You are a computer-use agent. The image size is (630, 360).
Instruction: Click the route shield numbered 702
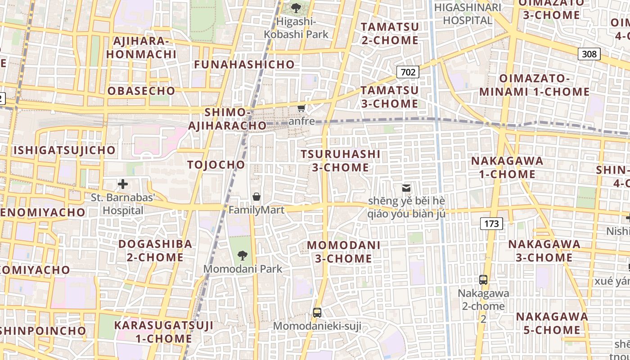tap(408, 72)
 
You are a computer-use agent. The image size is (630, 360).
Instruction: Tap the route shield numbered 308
tap(589, 54)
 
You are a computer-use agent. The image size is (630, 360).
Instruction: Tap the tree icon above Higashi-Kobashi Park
tap(296, 8)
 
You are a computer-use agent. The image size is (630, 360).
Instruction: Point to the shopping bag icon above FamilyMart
tap(256, 197)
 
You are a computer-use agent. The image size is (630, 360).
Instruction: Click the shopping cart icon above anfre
tap(301, 108)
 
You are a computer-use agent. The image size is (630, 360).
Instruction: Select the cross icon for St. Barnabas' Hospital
tap(123, 184)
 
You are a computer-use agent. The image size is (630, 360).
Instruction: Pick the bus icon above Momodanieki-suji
tap(317, 312)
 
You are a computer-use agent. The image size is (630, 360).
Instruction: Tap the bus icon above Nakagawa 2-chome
tap(483, 279)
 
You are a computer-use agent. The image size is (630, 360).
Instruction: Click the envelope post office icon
tap(406, 188)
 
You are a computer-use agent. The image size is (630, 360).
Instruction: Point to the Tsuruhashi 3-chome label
tap(340, 161)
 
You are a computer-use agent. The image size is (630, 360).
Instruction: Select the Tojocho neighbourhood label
tap(216, 165)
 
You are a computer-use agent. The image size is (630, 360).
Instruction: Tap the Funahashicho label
tap(244, 64)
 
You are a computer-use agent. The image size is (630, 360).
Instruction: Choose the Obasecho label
tap(138, 91)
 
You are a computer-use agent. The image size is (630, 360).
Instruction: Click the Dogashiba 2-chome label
tap(155, 251)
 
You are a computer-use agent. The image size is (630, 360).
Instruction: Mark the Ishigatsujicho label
tap(64, 150)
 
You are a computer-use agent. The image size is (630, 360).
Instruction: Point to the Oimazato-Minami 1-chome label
tap(534, 85)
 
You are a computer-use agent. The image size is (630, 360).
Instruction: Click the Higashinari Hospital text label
tap(468, 14)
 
